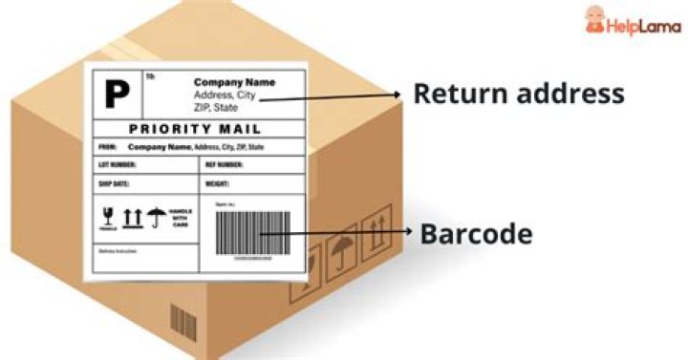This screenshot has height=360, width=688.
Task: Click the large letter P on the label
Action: (117, 93)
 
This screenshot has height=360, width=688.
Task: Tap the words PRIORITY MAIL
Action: (195, 128)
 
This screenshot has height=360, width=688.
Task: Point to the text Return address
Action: (519, 94)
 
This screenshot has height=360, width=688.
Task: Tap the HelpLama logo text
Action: (644, 26)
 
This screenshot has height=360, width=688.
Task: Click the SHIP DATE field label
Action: (113, 182)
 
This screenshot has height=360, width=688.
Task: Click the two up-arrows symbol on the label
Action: (131, 218)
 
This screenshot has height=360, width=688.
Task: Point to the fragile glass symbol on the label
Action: (107, 218)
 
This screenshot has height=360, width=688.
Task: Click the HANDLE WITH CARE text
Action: (181, 218)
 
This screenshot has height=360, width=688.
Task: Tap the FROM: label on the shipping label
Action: (107, 147)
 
